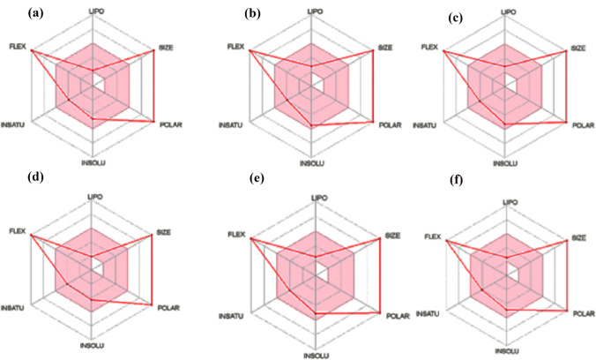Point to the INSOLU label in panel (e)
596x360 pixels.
pos(316,355)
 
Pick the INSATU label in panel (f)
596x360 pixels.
pos(426,313)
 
